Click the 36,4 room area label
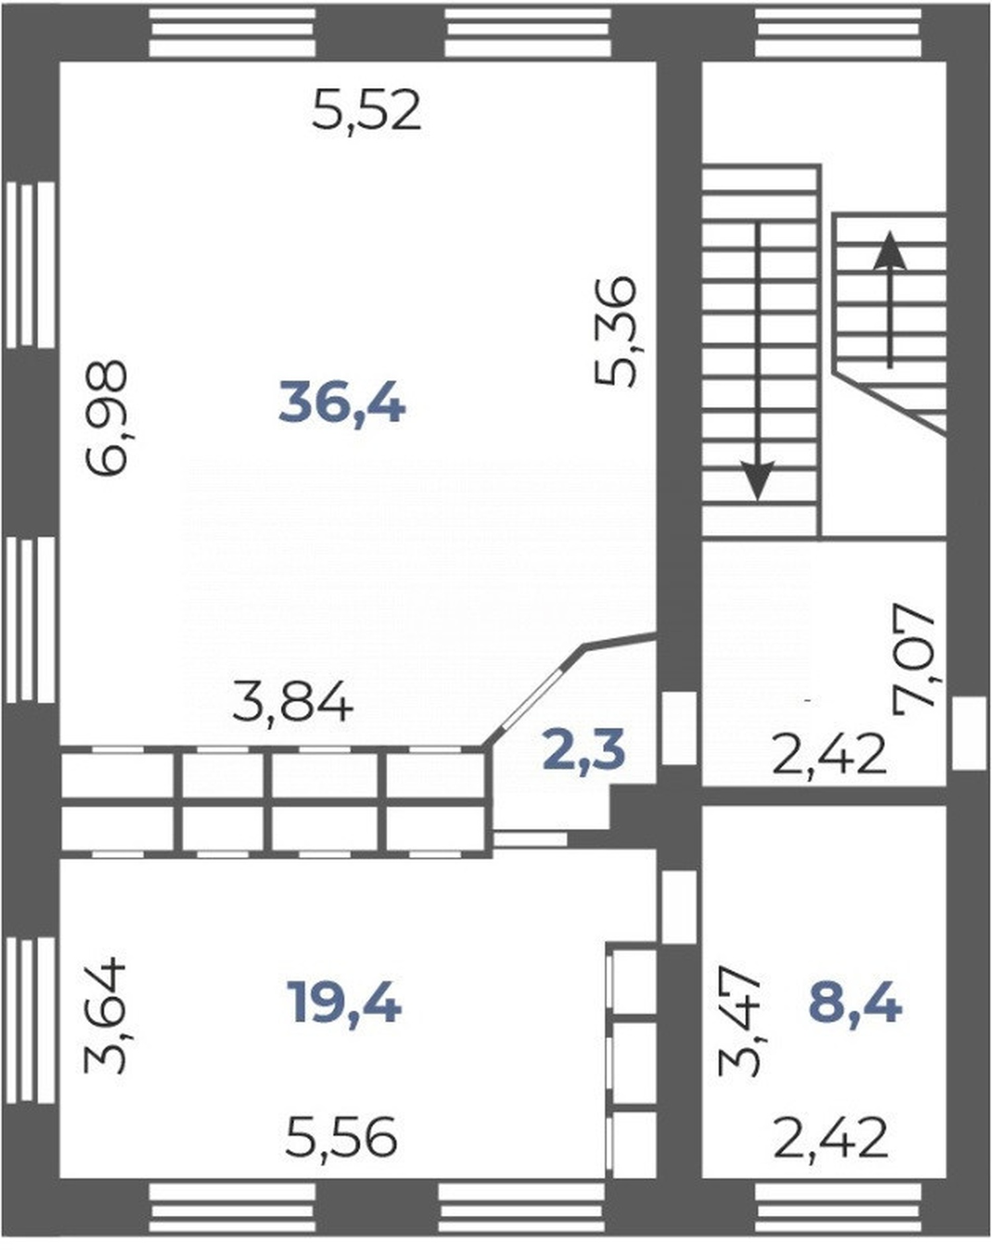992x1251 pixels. (342, 404)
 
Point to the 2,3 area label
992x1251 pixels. (583, 752)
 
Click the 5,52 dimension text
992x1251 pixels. (366, 111)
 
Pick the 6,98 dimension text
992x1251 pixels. (106, 417)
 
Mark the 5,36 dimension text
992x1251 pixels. (616, 331)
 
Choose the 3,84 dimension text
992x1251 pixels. (293, 703)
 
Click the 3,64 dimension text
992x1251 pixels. (105, 1015)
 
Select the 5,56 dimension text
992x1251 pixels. (341, 1137)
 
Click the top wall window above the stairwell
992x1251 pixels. (838, 31)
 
